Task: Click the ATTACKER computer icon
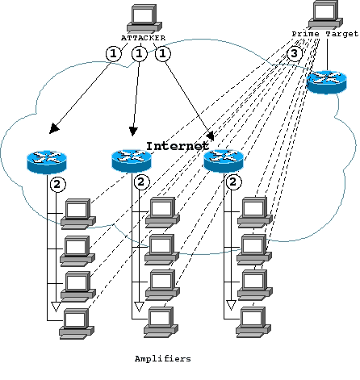pos(144,18)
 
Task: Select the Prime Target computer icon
pos(326,14)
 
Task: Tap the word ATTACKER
pos(143,38)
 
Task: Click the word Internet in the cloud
pos(178,146)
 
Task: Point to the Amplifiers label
pos(163,359)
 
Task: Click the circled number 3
pos(294,53)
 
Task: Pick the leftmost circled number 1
pos(114,54)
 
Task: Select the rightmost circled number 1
pos(163,54)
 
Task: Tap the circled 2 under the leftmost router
pos(57,185)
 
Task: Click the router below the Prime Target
pos(327,82)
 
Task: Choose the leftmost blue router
pos(47,161)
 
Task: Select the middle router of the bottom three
pos(132,161)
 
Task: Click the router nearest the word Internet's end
pos(224,161)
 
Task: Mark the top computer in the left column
pos(78,214)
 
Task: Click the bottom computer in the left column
pos(77,324)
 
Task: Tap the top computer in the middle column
pos(163,212)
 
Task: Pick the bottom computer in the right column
pos(253,322)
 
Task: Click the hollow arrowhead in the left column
pos(56,307)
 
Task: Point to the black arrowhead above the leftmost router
pos(54,128)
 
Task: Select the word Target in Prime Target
pos(342,34)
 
